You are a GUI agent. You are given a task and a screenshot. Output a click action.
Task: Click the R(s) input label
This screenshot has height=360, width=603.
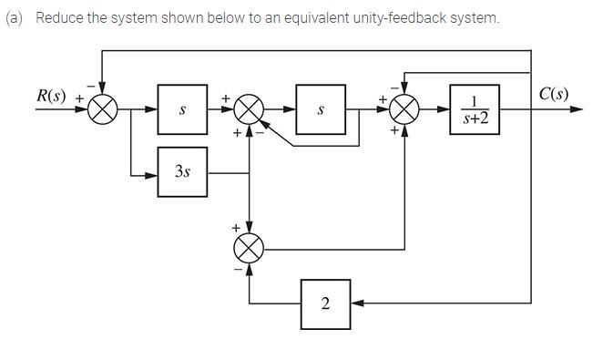point(52,95)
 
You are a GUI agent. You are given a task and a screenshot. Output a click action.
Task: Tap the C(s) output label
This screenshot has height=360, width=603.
point(554,94)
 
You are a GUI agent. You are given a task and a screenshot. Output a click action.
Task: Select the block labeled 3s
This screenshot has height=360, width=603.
point(182,172)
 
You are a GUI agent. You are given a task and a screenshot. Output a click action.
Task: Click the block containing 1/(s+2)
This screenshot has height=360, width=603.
point(475,109)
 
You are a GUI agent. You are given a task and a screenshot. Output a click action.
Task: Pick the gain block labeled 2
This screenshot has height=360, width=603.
point(325,303)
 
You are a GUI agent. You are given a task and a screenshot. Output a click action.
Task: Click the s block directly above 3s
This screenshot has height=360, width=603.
point(182,109)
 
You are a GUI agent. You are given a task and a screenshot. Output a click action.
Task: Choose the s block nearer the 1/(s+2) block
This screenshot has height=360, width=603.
point(321,109)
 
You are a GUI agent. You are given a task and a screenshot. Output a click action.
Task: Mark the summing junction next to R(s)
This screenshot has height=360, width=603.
point(103,109)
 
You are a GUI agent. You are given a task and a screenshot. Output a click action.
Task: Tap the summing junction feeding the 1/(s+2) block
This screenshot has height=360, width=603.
point(404,109)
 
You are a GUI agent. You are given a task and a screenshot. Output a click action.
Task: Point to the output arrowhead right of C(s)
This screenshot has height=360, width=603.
point(576,109)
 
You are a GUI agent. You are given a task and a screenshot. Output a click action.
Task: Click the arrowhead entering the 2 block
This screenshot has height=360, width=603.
point(356,303)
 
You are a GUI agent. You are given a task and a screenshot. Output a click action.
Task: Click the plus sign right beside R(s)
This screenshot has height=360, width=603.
point(79,96)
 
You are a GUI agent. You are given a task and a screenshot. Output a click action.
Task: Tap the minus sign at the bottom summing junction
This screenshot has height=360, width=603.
point(237,269)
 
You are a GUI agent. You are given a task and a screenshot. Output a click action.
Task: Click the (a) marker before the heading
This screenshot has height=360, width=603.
point(14,18)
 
